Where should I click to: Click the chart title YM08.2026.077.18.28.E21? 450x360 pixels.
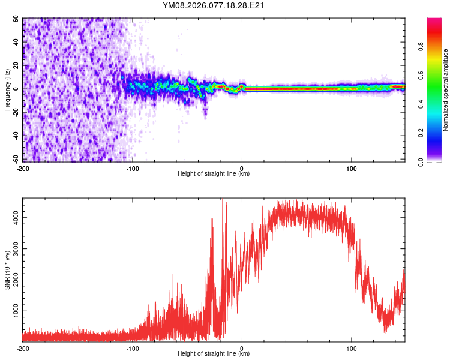tap(214, 5)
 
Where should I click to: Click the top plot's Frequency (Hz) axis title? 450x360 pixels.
tap(7, 90)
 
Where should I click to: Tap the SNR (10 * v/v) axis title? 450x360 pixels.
tap(7, 270)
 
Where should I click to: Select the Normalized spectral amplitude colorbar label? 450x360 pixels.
tap(446, 90)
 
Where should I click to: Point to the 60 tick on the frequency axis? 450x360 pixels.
tap(15, 19)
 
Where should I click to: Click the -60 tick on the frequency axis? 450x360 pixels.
tap(14, 160)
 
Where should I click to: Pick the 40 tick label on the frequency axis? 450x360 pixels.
tap(15, 43)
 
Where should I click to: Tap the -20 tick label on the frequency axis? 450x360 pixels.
tap(14, 113)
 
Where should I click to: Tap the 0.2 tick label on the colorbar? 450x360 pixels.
tap(422, 133)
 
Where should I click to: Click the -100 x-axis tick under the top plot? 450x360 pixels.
tap(133, 169)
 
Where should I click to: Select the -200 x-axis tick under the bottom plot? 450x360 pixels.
tap(23, 349)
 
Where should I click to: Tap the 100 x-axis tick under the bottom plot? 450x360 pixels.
tap(351, 349)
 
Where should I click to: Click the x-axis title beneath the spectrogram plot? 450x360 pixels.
tap(214, 174)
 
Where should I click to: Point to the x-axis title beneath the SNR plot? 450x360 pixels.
tap(214, 354)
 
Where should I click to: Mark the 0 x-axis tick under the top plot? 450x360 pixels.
tap(242, 169)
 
